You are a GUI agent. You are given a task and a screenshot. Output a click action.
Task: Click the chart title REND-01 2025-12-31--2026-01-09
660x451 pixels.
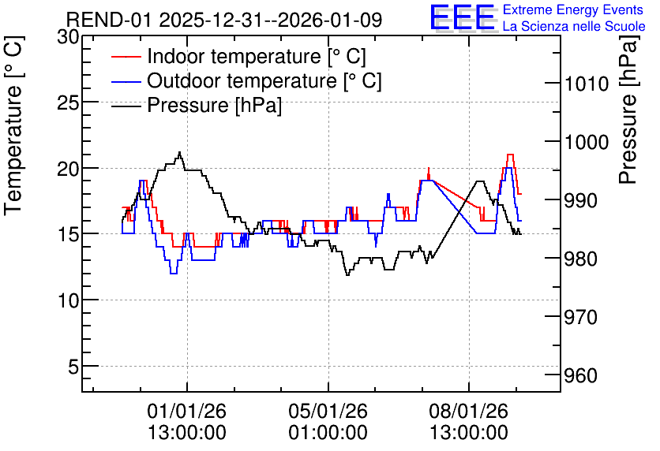pos(224,20)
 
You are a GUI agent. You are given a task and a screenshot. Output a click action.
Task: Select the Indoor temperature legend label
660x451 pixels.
pos(257,56)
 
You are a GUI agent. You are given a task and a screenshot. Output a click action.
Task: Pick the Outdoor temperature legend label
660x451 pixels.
pos(264,80)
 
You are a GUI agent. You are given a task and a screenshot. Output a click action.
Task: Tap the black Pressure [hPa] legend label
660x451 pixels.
pos(214,105)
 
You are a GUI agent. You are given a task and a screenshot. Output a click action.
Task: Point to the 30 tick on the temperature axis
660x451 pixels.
pos(68,37)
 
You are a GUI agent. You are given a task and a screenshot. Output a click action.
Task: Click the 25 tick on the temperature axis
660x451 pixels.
pos(68,102)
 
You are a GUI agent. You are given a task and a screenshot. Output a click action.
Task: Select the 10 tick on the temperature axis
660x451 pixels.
pos(68,300)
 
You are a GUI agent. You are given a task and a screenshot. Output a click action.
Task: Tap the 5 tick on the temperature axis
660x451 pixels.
pos(73,367)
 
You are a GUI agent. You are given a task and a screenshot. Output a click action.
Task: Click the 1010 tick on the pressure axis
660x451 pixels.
pos(587,84)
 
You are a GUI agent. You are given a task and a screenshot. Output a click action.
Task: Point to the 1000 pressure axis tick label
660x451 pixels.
pos(587,142)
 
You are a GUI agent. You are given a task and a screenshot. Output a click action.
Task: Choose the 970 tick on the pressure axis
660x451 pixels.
pos(581,317)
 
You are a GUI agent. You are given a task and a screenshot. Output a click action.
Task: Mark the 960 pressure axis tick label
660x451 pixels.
pos(581,375)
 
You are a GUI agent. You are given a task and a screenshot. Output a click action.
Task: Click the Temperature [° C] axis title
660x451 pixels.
pos(13,125)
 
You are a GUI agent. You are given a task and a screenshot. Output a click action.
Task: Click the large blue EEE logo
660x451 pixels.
pos(463,17)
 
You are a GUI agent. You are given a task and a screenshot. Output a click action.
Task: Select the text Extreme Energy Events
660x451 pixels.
pos(573,9)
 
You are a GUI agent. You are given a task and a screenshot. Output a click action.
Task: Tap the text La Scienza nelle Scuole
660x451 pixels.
pos(574,26)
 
